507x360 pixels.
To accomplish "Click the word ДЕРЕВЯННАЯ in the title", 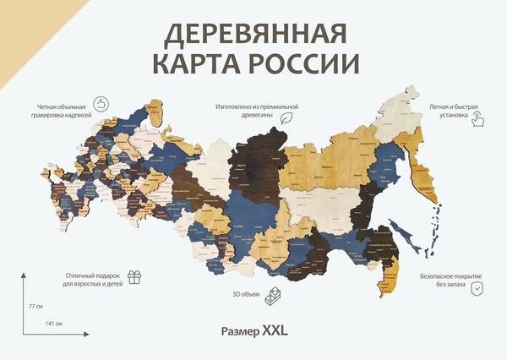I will pos(253,35).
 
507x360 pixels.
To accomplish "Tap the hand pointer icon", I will pos(478,117).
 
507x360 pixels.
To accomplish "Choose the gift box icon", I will pos(134,276).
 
